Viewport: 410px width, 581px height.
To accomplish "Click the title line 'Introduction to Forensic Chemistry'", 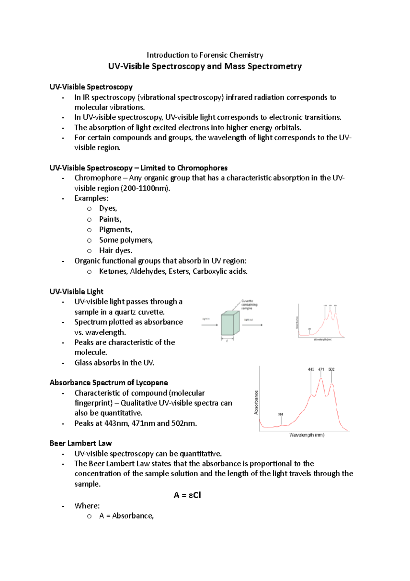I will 205,55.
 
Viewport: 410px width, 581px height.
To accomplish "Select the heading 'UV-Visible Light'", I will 76,292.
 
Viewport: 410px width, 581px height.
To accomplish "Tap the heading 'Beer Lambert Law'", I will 81,443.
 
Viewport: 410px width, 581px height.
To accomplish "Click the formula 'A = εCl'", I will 187,495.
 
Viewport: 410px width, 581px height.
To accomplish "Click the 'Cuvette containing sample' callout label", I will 249,305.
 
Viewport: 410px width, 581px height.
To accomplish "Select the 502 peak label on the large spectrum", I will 331,370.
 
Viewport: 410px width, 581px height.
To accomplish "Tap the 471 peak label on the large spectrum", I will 321,370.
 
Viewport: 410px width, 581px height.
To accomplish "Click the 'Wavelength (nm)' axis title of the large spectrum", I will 307,435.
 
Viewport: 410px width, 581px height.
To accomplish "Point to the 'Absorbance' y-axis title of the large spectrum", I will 256,402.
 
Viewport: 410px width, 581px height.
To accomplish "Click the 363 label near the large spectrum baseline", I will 281,414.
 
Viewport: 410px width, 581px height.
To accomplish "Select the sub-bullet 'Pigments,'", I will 115,230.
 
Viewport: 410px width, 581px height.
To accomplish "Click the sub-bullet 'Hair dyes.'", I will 115,250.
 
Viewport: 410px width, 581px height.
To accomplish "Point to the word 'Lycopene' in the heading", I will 152,383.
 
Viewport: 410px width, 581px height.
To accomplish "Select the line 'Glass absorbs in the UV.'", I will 114,363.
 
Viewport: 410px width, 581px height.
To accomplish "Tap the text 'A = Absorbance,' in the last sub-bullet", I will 126,516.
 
